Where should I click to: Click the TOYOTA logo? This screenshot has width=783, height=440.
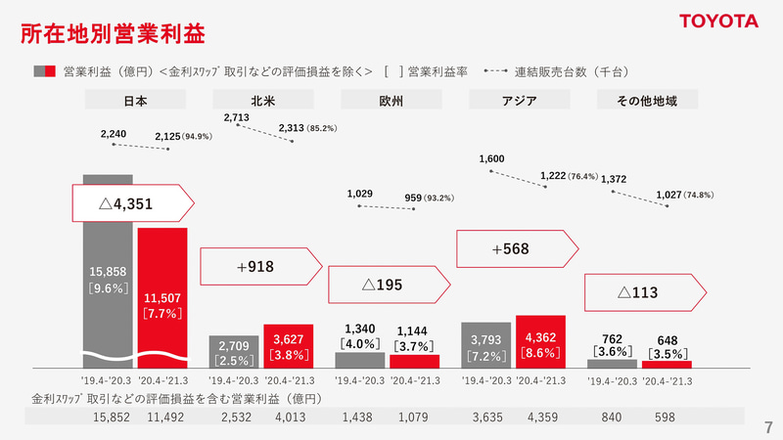point(719,21)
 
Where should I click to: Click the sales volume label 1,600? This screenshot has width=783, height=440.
point(492,158)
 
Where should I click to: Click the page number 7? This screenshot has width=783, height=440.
point(767,427)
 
